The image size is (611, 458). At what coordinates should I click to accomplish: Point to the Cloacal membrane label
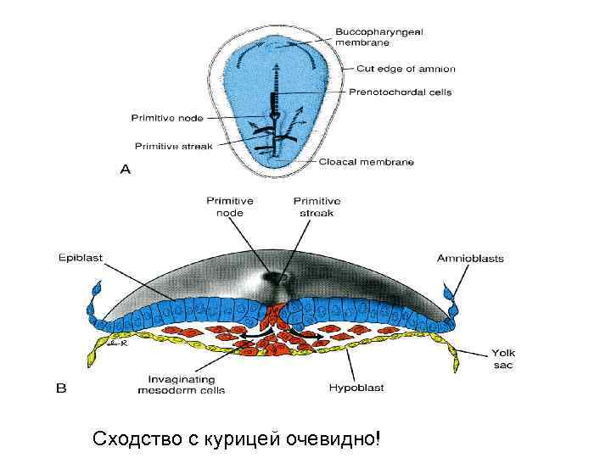(367, 162)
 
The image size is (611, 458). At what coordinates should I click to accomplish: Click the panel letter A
(126, 170)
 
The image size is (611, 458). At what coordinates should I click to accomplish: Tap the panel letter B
(61, 390)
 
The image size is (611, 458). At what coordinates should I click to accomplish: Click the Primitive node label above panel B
(229, 206)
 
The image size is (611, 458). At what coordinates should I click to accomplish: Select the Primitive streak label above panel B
(317, 206)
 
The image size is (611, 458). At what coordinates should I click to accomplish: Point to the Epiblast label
(81, 254)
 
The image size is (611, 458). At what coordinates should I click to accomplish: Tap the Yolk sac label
(502, 359)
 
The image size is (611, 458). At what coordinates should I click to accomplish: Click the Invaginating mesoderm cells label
(182, 385)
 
